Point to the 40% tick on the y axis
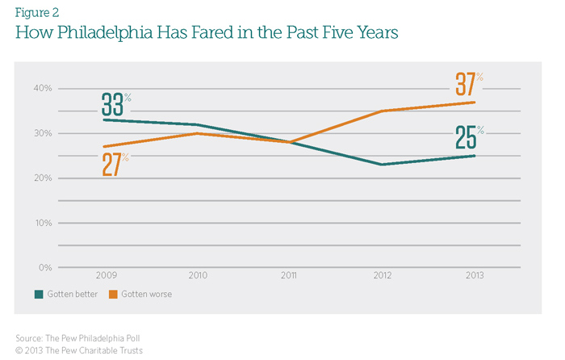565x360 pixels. coord(42,88)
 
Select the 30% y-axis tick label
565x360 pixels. coord(42,133)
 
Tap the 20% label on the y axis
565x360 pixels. coord(42,178)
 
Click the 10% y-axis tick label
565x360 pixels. coord(42,223)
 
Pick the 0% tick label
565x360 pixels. coord(44,267)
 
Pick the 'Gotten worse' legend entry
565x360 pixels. coord(144,294)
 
